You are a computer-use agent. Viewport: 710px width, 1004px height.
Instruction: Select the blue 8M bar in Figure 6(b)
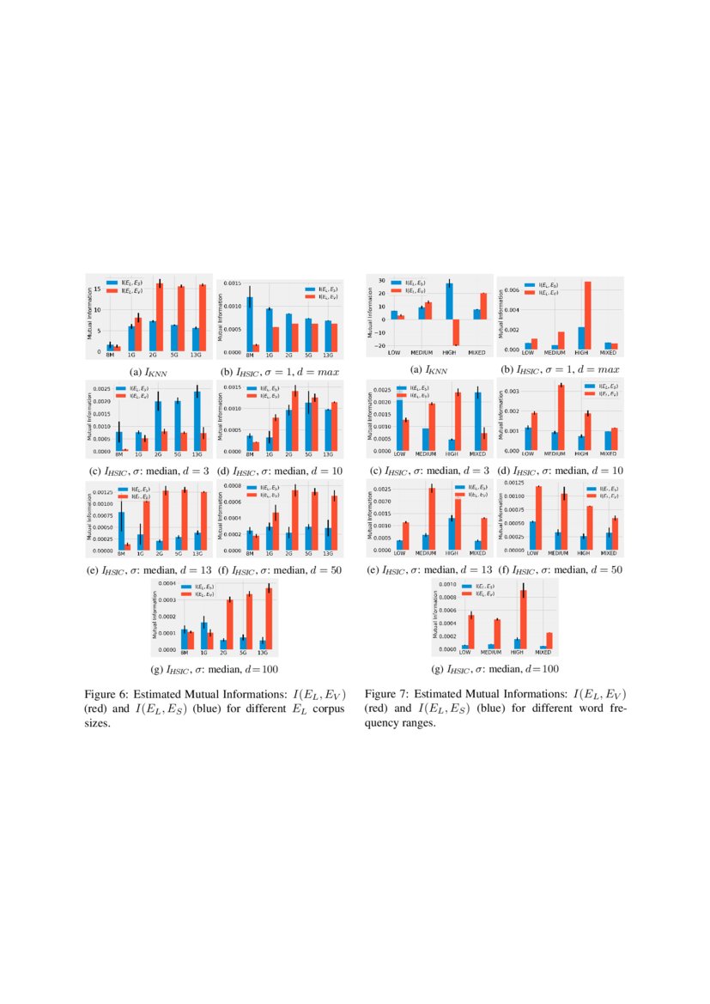point(250,325)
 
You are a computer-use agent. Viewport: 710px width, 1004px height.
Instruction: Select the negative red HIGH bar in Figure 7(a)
point(457,332)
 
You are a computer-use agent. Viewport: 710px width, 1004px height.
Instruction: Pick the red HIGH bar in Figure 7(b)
point(587,315)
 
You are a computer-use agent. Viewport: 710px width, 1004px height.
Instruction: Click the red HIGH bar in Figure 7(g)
point(523,618)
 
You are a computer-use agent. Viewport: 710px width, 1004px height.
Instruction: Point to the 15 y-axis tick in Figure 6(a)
point(100,289)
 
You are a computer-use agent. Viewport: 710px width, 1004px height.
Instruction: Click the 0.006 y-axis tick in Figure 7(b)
point(508,290)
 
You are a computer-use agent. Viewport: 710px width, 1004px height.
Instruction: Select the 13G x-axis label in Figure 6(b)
point(328,355)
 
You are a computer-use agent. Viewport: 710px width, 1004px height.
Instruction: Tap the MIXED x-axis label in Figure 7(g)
point(545,653)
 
